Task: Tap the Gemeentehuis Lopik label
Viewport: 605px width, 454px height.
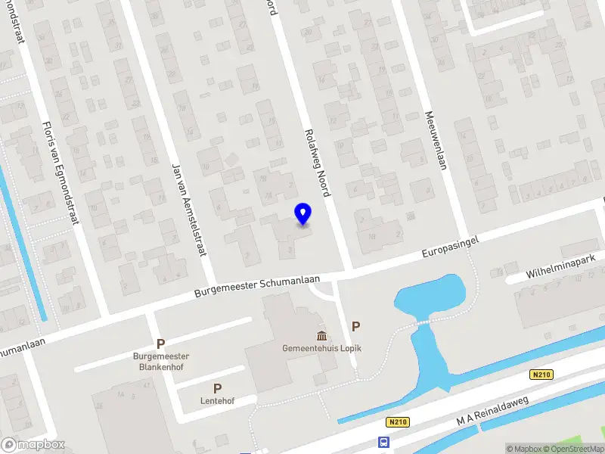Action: point(321,349)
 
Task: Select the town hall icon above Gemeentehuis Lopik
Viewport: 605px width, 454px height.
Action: point(321,335)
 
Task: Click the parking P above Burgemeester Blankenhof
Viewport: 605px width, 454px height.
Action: point(160,344)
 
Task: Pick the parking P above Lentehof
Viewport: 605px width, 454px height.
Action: point(218,388)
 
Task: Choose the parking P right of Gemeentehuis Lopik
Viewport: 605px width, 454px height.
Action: point(355,326)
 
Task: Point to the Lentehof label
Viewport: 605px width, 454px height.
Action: point(218,401)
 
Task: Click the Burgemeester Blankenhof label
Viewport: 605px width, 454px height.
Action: point(160,361)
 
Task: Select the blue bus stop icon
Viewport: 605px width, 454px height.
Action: point(385,443)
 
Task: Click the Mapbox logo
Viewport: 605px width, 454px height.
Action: point(33,444)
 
